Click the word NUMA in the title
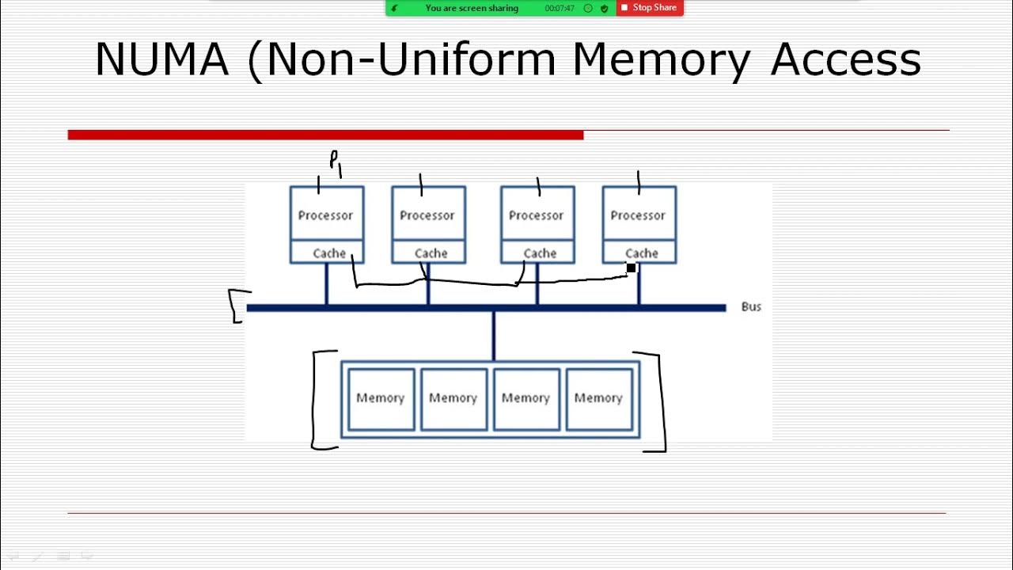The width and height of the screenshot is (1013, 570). (161, 59)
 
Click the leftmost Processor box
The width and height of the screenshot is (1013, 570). (326, 215)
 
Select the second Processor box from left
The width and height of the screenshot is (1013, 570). (427, 215)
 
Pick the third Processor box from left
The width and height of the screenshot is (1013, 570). (537, 215)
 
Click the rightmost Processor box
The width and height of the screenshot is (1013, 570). (638, 215)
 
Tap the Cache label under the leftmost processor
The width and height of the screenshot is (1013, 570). (329, 253)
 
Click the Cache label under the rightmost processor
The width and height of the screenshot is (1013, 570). (641, 253)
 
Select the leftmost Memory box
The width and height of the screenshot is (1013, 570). (381, 398)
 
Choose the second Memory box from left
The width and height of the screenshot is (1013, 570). (453, 398)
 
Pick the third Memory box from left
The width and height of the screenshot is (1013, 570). (526, 398)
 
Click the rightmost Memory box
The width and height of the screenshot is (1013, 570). (598, 398)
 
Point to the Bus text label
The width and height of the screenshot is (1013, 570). (751, 306)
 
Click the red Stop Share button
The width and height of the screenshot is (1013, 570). (650, 8)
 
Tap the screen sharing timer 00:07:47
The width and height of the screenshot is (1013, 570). (560, 9)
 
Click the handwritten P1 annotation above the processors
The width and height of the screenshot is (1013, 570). (336, 162)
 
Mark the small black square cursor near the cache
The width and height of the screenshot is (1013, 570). (631, 268)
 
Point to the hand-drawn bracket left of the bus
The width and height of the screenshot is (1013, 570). (236, 306)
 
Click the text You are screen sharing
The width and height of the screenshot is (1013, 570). (472, 9)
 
